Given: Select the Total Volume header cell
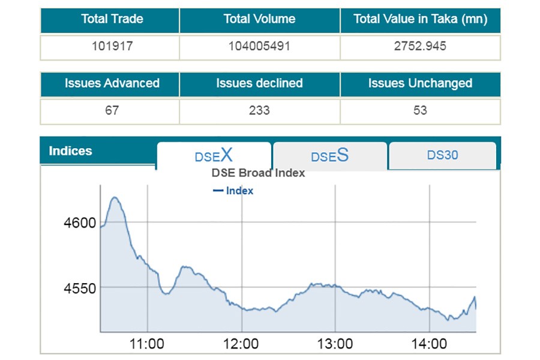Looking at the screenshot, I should [x=259, y=19].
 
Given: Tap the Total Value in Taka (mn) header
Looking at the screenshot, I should [x=420, y=19].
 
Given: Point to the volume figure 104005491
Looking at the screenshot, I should [x=259, y=46].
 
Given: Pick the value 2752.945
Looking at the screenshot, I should [x=420, y=46].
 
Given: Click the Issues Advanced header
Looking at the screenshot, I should [x=112, y=83].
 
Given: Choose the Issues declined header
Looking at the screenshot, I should [x=259, y=83].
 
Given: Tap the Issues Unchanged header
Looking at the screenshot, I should [x=420, y=83].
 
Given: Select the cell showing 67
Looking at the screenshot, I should [x=112, y=110].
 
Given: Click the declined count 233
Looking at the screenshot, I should [x=259, y=110].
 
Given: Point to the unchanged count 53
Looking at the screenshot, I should [x=420, y=110].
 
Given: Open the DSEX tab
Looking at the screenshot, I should [x=214, y=156].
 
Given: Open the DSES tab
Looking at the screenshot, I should [x=329, y=156].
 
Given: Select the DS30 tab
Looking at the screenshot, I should [x=442, y=155].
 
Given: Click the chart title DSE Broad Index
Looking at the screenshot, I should [x=258, y=173].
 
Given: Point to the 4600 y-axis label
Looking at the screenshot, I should [x=80, y=223].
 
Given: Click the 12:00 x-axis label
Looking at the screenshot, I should [x=241, y=344].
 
